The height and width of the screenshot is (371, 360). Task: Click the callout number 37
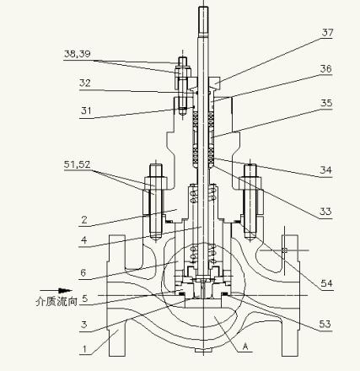point(327,33)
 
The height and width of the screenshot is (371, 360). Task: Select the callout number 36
point(326,69)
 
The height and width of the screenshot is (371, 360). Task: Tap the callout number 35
point(326,103)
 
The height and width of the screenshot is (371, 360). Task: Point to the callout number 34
point(325,169)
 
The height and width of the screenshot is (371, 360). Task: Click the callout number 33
point(325,211)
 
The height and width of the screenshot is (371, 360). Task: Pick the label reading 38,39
point(78,54)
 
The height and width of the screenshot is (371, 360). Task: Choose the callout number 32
point(85,83)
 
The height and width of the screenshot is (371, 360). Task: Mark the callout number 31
point(86,110)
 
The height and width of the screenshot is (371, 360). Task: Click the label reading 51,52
point(77,164)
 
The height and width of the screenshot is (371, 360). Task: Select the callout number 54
point(326,283)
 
